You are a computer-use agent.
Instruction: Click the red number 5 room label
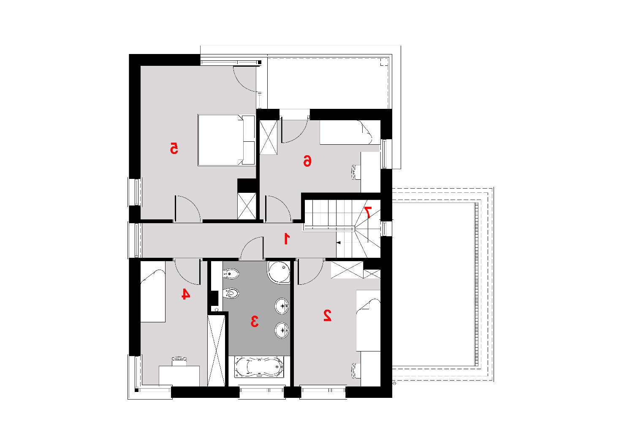click(174, 148)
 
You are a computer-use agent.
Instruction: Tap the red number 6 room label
click(307, 161)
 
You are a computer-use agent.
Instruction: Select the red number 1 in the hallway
click(287, 238)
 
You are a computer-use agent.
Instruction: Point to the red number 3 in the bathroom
click(255, 321)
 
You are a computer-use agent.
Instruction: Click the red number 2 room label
click(328, 315)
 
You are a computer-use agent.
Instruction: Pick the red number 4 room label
click(186, 294)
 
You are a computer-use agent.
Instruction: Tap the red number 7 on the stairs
click(367, 212)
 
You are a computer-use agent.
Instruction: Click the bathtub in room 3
click(259, 367)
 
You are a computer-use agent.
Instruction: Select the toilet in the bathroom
click(231, 293)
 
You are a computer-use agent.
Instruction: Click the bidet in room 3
click(231, 274)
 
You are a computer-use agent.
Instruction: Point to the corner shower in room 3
click(279, 273)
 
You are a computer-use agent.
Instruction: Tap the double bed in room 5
click(226, 140)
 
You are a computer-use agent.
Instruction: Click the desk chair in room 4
click(179, 361)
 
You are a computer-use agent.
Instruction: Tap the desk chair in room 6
click(356, 172)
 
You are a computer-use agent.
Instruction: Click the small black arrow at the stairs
click(339, 243)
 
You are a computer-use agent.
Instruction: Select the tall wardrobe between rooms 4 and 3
click(216, 351)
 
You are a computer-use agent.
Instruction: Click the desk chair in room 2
click(356, 370)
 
